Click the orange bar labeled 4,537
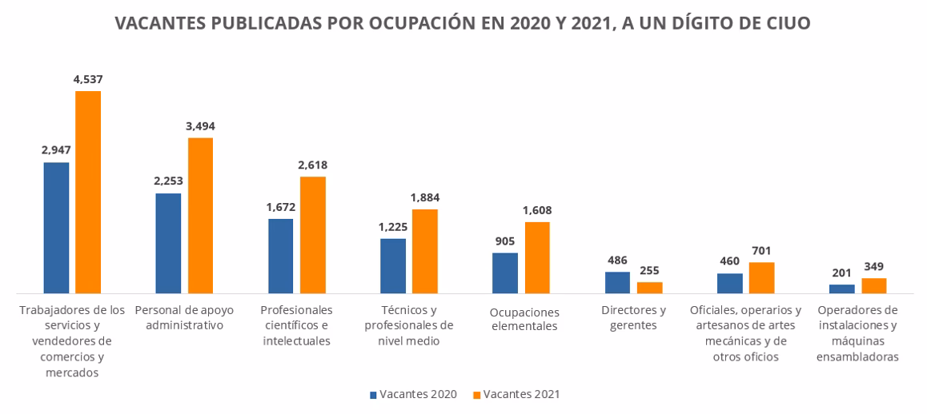pos(88,192)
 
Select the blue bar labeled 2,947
pos(56,228)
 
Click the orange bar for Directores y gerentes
pos(649,288)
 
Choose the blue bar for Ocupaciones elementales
pos(505,273)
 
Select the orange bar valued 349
pos(874,285)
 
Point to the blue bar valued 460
pos(729,284)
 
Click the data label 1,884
pos(425,197)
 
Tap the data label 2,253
pos(168,181)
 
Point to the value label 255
pos(649,270)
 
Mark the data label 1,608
pos(537,210)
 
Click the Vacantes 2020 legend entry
pos(413,394)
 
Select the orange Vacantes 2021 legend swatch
pos(477,394)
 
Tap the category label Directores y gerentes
pos(632,317)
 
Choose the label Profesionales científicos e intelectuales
pos(297,325)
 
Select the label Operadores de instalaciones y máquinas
pos(857,333)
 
